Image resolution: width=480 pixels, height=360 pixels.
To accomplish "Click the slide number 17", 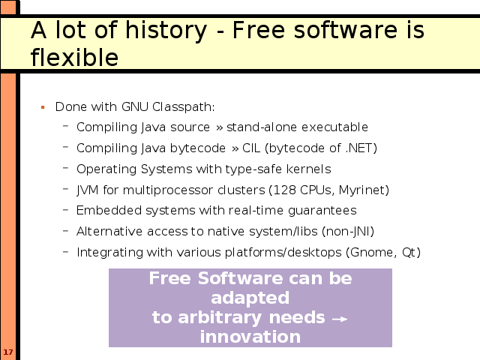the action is click(x=8, y=352).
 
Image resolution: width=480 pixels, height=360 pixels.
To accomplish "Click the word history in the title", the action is click(x=166, y=31).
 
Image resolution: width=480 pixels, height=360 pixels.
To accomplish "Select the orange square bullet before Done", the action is click(x=43, y=107).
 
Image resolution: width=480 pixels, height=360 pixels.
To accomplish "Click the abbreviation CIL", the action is click(x=251, y=148).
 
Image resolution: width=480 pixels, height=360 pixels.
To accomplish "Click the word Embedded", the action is click(x=109, y=211).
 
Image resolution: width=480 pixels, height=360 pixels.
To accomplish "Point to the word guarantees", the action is click(x=322, y=211).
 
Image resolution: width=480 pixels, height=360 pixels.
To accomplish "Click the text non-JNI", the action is click(x=348, y=232).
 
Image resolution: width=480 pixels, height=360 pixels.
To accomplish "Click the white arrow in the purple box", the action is click(x=340, y=319).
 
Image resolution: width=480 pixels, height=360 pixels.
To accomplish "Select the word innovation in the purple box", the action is click(x=250, y=337).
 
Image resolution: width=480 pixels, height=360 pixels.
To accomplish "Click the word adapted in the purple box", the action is click(x=250, y=298).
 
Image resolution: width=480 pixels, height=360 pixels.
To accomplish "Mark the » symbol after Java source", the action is click(x=219, y=127).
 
